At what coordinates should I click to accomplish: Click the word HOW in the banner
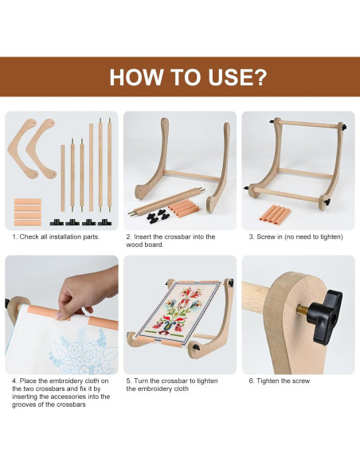click(x=136, y=77)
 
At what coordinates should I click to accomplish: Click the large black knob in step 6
click(x=325, y=316)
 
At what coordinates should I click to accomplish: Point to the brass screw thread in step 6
click(x=303, y=311)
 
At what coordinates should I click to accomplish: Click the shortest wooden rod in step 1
click(x=63, y=178)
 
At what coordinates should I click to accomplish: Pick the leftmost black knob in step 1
click(x=57, y=222)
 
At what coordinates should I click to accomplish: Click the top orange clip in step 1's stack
click(x=28, y=201)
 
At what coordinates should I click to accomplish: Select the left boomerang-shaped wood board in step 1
click(x=22, y=148)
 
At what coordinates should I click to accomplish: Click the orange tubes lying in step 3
click(x=275, y=213)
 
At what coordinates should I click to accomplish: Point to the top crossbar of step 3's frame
click(x=309, y=124)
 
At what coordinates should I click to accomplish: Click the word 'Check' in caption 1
click(x=29, y=236)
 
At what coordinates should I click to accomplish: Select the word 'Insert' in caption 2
click(x=143, y=236)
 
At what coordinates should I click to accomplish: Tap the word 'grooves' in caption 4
click(x=23, y=404)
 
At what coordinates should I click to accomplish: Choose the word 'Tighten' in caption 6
click(x=268, y=381)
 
